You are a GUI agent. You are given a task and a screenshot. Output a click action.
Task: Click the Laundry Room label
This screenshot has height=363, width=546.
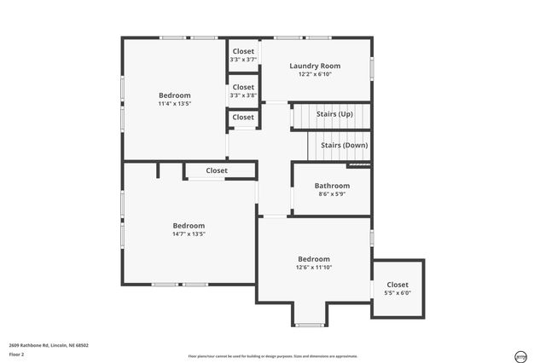(x=315, y=66)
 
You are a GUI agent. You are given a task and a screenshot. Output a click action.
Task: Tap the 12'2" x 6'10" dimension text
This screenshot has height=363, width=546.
(x=315, y=74)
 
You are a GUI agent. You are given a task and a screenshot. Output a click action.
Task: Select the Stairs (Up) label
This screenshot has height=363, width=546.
(x=334, y=113)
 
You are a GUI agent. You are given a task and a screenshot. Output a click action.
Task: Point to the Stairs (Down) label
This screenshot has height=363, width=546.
(x=344, y=145)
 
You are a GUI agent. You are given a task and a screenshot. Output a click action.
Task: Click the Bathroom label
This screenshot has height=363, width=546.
(x=332, y=186)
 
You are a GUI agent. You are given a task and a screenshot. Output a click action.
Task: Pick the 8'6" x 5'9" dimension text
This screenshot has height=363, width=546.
(x=332, y=194)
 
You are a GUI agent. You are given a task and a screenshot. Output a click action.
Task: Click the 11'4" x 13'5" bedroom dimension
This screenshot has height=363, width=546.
(x=174, y=104)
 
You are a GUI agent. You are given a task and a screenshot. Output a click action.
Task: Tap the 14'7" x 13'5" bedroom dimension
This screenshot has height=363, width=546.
(x=189, y=233)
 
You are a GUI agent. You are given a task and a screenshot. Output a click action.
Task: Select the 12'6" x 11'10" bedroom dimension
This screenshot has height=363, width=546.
(x=313, y=268)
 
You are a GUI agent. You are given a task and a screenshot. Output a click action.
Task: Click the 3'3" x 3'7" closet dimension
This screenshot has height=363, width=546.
(x=243, y=60)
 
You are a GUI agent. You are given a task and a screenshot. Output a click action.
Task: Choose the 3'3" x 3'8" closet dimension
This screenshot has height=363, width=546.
(x=243, y=95)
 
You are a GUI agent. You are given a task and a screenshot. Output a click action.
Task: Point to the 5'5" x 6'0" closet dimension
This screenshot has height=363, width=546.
(x=398, y=293)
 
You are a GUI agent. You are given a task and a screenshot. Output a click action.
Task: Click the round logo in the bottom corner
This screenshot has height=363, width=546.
(x=520, y=355)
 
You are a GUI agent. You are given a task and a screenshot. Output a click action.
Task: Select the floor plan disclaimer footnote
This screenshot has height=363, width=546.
(x=273, y=356)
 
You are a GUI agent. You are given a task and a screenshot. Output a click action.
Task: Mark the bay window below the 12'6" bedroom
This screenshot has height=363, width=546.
(x=308, y=325)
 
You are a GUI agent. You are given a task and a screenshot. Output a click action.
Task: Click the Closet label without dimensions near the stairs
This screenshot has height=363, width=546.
(x=243, y=117)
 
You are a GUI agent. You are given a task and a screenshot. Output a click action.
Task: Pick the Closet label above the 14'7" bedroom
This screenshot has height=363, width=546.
(x=217, y=170)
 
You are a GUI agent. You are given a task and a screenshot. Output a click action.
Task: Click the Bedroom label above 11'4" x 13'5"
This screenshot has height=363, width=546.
(x=174, y=95)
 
